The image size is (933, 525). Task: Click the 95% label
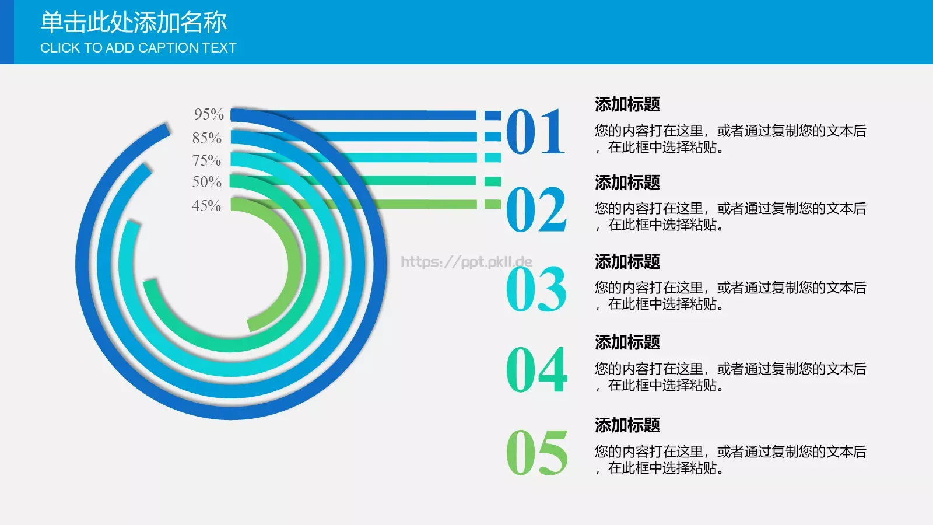click(x=209, y=114)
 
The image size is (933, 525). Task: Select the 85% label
click(x=207, y=138)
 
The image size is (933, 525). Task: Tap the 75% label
click(x=206, y=160)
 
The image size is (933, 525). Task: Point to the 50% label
click(x=206, y=182)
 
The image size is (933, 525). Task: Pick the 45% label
click(x=206, y=206)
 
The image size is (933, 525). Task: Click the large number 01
click(x=535, y=132)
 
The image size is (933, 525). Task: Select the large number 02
click(x=536, y=210)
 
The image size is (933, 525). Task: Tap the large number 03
click(x=536, y=289)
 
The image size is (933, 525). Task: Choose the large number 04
click(x=536, y=370)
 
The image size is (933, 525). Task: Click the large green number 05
click(x=536, y=453)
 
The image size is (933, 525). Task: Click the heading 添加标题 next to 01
click(x=627, y=104)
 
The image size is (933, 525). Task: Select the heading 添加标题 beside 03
click(x=627, y=262)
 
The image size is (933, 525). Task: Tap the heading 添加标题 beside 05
click(x=627, y=425)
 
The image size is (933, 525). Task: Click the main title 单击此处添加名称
click(x=133, y=23)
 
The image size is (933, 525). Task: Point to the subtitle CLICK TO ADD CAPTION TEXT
click(x=138, y=48)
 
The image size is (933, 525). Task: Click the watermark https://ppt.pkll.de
click(x=466, y=262)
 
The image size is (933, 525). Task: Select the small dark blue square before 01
click(x=493, y=115)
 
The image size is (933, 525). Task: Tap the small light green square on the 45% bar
click(x=493, y=204)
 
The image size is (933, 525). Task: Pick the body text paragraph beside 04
click(x=730, y=377)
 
